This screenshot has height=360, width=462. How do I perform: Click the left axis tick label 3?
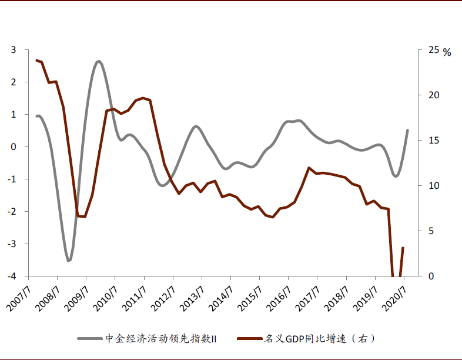14,50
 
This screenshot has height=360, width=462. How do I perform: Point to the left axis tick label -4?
12,276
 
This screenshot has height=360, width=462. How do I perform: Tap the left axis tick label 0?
14,146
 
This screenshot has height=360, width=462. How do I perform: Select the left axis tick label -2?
12,211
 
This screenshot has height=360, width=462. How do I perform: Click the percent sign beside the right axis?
447,52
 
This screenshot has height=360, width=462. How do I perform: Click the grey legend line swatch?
89,339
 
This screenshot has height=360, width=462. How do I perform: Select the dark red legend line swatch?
249,339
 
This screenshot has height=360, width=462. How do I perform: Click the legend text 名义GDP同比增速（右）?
317,339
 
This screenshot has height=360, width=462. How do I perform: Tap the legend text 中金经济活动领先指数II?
161,339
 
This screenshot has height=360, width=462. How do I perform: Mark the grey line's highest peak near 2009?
98,61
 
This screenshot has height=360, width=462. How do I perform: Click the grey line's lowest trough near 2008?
69,261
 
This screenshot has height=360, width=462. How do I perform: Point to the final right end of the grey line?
407,130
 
